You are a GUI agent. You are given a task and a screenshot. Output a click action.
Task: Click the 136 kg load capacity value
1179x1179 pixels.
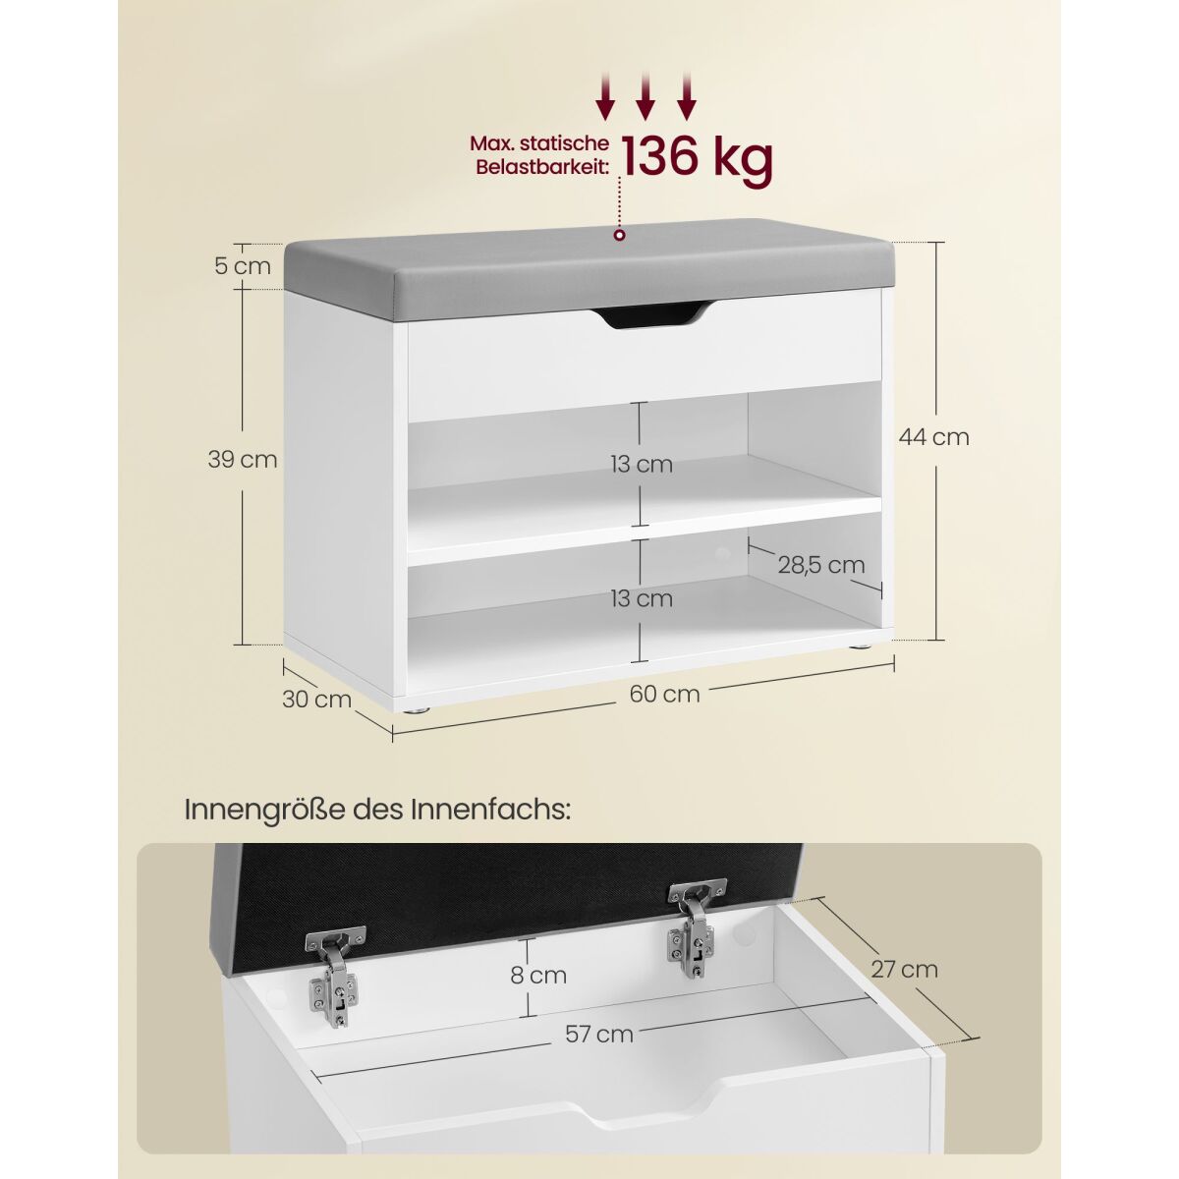[x=697, y=158]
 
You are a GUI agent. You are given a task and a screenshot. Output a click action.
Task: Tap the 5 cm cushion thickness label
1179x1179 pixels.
[x=243, y=266]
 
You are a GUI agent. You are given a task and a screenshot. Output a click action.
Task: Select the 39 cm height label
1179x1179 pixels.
[x=243, y=459]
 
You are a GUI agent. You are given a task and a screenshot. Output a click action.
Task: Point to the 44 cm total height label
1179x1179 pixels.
[x=933, y=437]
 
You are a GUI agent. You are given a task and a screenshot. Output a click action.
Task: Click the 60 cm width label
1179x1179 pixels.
[x=664, y=694]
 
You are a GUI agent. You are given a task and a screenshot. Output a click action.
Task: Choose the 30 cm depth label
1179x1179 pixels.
[x=317, y=699]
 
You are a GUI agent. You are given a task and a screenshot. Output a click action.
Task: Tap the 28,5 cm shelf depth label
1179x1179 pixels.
[x=821, y=565]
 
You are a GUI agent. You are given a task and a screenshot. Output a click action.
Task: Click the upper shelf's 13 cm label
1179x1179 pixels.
[x=642, y=465]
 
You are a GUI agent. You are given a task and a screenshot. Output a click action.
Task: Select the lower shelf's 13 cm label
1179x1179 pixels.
[x=642, y=598]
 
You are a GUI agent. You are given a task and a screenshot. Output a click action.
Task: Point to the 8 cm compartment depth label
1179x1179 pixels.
[x=538, y=975]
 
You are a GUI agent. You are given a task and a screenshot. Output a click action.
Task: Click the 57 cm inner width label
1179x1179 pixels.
[x=599, y=1034]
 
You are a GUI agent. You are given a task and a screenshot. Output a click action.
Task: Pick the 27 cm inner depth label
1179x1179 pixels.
[x=904, y=969]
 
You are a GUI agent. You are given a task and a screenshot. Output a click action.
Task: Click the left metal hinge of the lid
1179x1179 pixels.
[x=335, y=978]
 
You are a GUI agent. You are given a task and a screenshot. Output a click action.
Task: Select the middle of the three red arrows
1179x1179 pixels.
[x=645, y=94]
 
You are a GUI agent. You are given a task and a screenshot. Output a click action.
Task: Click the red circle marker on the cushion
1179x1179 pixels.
[x=620, y=235]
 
